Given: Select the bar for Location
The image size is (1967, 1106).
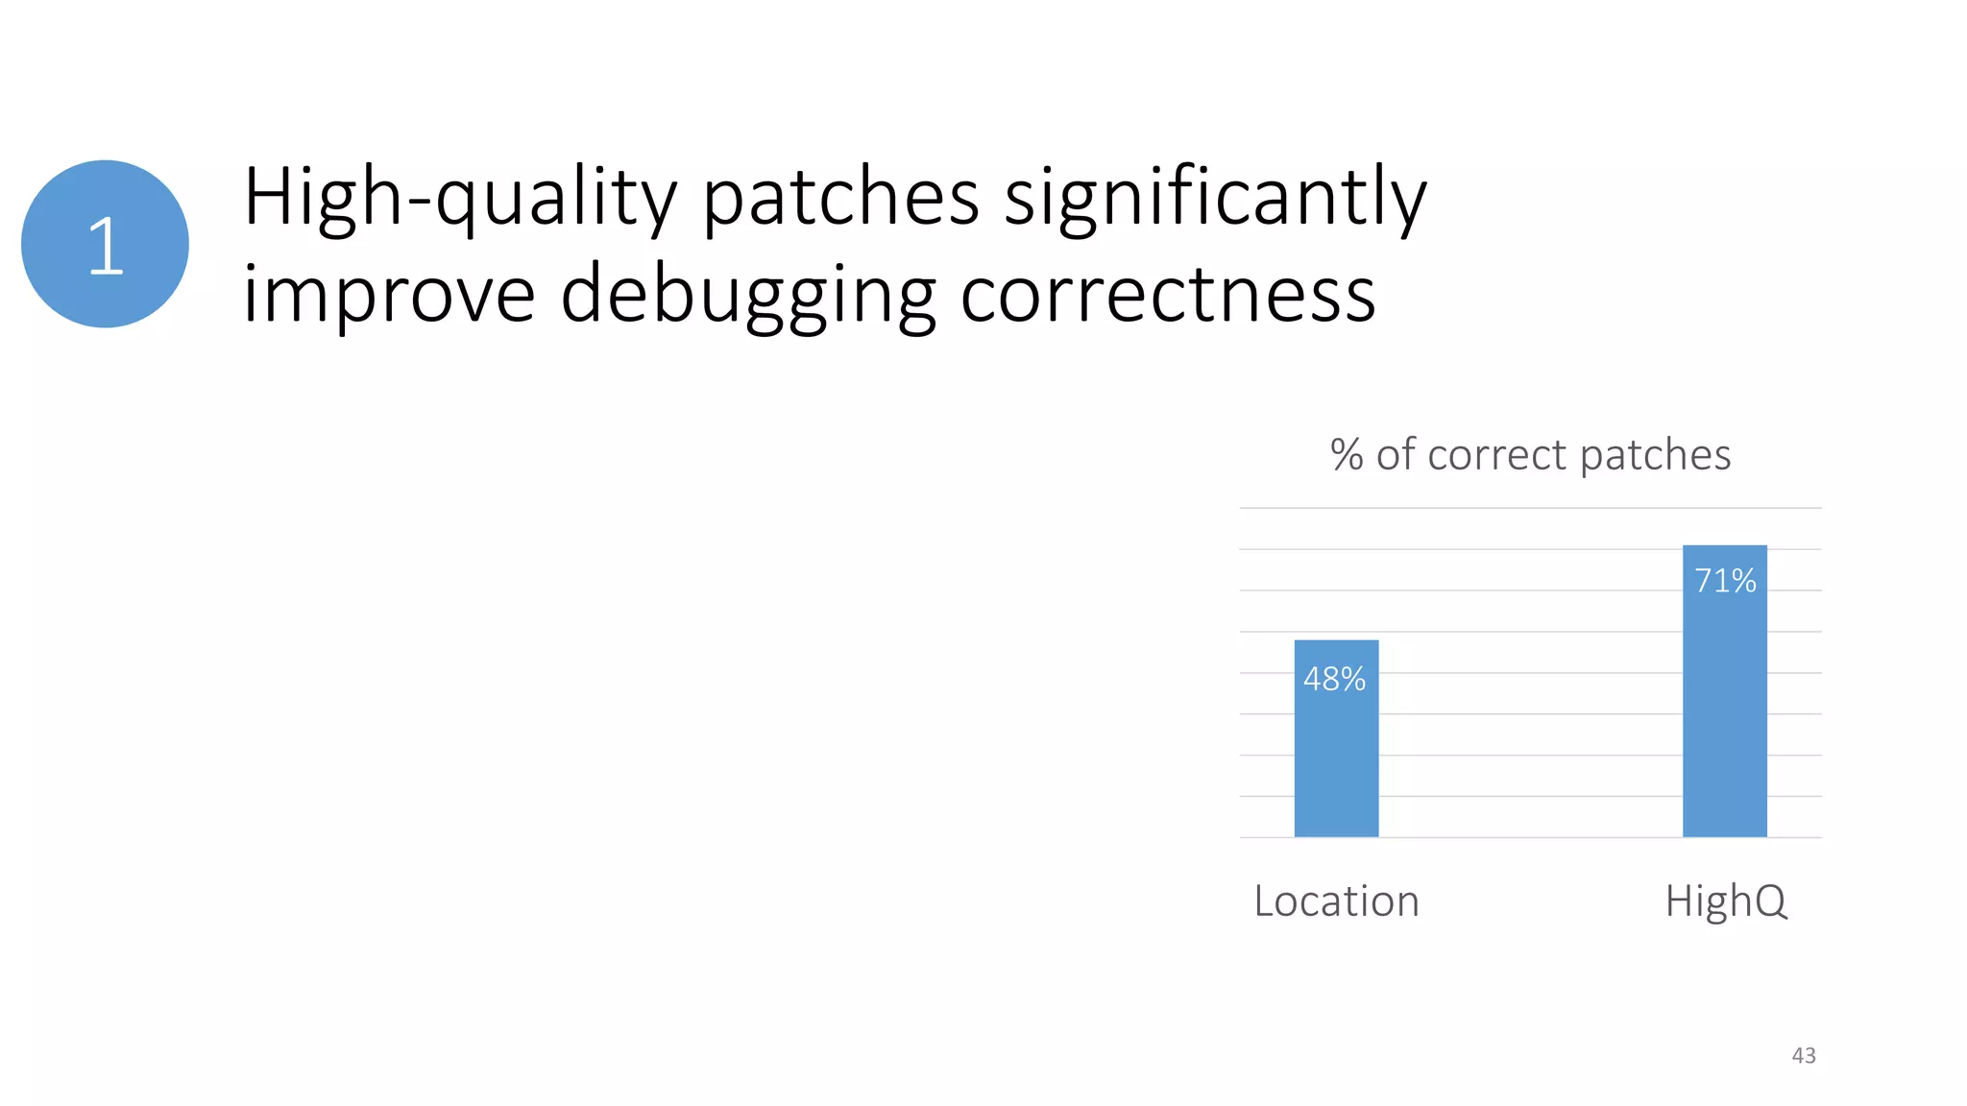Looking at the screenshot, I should (1336, 758).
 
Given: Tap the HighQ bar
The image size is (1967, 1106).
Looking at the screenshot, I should (1724, 710).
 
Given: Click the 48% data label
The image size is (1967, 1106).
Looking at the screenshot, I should (1334, 679).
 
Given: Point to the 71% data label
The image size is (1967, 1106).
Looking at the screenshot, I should (1725, 581).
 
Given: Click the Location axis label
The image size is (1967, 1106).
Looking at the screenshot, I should (1336, 902).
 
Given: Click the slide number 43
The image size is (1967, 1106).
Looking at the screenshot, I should (1804, 1055).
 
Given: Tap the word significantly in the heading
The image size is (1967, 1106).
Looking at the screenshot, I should (1216, 198).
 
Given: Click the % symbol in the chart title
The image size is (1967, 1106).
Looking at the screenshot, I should (1347, 455).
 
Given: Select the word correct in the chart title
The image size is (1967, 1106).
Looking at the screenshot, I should (1497, 455).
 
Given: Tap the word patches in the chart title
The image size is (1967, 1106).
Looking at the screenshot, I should (1655, 455).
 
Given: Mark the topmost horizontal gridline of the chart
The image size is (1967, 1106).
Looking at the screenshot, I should (1530, 508).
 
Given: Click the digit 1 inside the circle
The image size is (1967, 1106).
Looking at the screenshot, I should (106, 246).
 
